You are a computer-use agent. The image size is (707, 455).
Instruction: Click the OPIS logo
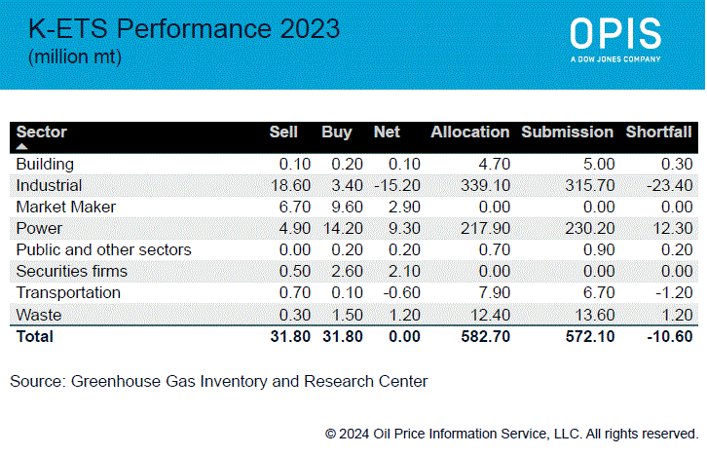pyautogui.click(x=615, y=37)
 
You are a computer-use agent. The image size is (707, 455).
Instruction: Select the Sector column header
pyautogui.click(x=42, y=132)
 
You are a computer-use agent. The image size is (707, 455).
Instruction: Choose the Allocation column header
pyautogui.click(x=469, y=132)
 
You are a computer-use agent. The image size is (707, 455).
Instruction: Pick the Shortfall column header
pyautogui.click(x=658, y=132)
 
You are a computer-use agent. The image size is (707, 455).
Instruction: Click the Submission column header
pyautogui.click(x=567, y=132)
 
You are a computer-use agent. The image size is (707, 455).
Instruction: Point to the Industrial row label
pyautogui.click(x=49, y=185)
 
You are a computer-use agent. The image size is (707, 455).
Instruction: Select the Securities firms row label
pyautogui.click(x=68, y=271)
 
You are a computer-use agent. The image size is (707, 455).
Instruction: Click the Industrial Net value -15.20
pyautogui.click(x=397, y=185)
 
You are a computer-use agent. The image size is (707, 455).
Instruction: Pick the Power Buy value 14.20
pyautogui.click(x=336, y=228)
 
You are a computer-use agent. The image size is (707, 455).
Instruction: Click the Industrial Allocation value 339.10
pyautogui.click(x=485, y=185)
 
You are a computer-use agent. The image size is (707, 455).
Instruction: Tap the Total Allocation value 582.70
pyautogui.click(x=485, y=337)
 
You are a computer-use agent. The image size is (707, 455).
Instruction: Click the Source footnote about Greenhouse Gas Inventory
pyautogui.click(x=218, y=381)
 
